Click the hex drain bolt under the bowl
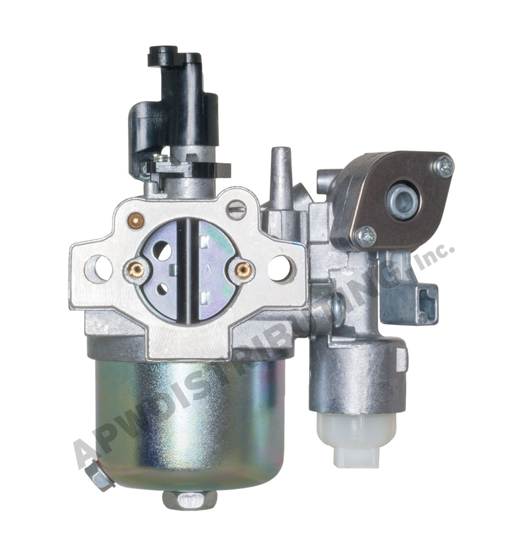(189, 500)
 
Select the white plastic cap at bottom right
(356, 439)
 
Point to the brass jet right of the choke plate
(244, 270)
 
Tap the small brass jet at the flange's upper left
(137, 221)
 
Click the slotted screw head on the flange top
(236, 210)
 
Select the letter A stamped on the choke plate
(208, 269)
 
